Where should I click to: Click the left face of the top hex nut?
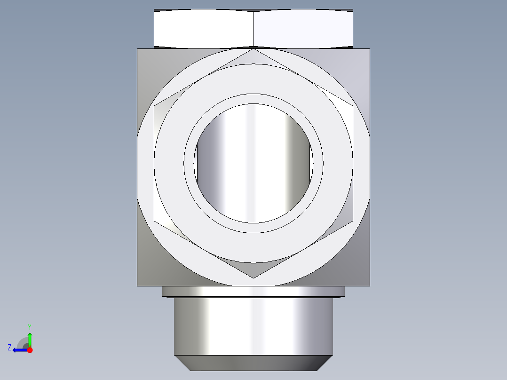tap(204, 28)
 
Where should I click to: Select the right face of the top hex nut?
tap(303, 28)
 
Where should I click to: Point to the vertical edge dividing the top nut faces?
tap(253, 28)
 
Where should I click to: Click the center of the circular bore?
tap(254, 163)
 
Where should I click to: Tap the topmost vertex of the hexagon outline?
tap(253, 48)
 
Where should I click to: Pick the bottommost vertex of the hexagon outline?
tap(253, 278)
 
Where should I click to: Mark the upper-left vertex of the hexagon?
tap(154, 106)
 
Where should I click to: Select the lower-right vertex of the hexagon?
tap(353, 221)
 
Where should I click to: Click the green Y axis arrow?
tap(29, 337)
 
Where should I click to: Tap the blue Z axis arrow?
tap(17, 350)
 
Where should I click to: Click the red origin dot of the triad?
tap(30, 350)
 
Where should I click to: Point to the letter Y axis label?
tap(29, 326)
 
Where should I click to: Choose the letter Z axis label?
tap(9, 348)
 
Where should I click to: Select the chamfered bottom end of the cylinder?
tap(253, 363)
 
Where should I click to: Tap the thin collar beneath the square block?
tap(253, 292)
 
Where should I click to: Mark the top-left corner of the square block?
tap(138, 49)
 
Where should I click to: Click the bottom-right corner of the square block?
tap(369, 285)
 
